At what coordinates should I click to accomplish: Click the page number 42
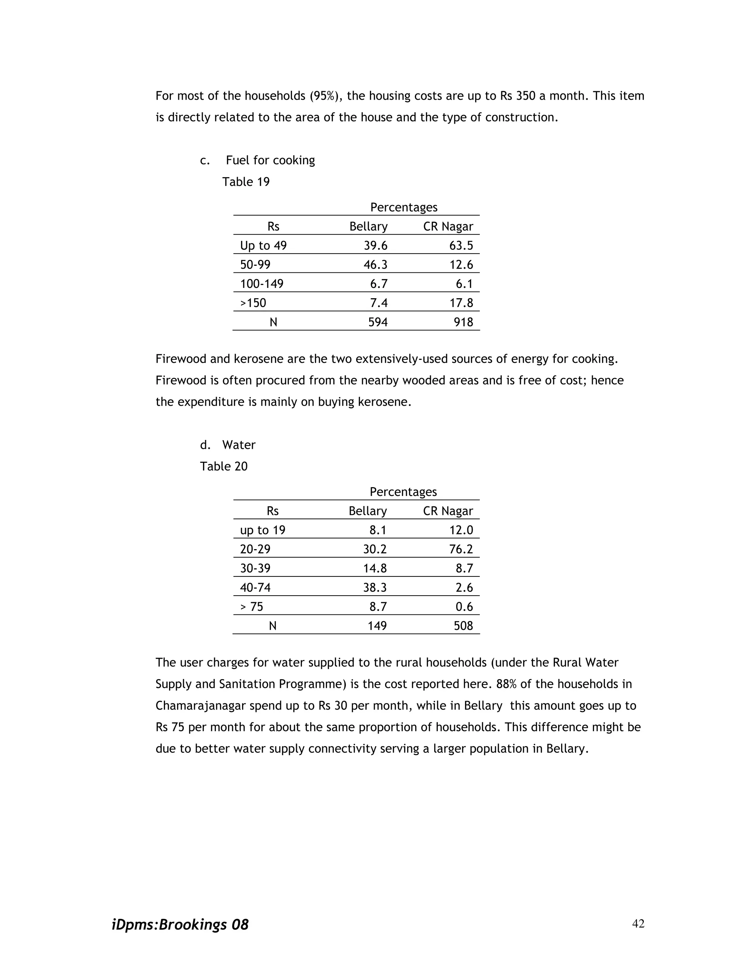638,924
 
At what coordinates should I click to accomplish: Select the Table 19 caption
246,182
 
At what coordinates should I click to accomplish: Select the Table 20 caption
223,466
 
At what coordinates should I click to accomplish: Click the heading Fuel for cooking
270,160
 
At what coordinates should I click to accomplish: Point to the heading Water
239,445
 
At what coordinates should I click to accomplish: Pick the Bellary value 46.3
375,265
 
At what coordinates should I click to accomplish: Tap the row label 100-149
262,284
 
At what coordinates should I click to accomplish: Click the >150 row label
253,303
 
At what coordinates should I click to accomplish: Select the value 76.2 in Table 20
461,549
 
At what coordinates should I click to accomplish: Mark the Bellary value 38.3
375,587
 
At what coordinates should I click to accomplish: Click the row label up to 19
262,530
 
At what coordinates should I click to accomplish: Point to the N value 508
463,626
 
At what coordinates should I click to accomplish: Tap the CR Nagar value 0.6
464,606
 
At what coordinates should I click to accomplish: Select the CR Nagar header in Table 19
448,227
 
